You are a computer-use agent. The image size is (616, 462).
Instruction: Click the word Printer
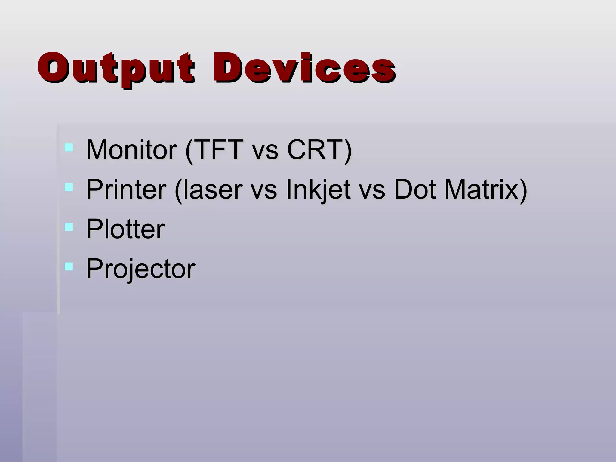point(126,189)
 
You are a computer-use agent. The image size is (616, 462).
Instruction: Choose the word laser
point(212,189)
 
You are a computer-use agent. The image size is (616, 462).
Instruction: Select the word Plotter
point(125,229)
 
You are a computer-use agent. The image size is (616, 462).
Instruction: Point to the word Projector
point(141,269)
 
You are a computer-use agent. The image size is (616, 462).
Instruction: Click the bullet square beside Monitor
point(69,147)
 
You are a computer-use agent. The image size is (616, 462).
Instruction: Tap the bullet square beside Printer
point(69,187)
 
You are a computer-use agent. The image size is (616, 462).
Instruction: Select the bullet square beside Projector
point(69,266)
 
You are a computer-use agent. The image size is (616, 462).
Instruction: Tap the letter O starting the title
point(52,68)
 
